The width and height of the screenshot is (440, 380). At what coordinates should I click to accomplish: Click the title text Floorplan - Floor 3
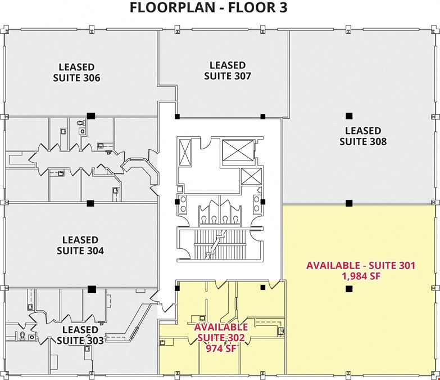point(208,7)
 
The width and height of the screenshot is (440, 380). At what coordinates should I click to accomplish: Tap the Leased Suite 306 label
point(76,72)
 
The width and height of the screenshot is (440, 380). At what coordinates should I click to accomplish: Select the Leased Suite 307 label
point(228,70)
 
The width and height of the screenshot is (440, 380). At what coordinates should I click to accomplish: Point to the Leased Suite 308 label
point(363,136)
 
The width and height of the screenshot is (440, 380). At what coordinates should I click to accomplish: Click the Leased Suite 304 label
point(80,245)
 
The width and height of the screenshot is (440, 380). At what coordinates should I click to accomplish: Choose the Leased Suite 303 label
point(80,335)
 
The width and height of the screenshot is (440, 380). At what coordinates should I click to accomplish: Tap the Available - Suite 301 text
point(361,265)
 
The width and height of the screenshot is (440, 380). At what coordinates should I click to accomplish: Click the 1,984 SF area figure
point(361,276)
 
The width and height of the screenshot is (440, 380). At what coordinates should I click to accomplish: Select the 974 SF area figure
point(221,348)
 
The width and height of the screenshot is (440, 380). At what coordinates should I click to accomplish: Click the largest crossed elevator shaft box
point(238,150)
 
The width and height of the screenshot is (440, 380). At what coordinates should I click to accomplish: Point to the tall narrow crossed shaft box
point(185,152)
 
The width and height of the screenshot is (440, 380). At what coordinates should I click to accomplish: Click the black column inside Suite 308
point(349,116)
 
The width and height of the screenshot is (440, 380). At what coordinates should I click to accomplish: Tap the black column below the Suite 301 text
point(349,289)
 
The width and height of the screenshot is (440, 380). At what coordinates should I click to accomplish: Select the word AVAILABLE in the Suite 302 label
point(221,327)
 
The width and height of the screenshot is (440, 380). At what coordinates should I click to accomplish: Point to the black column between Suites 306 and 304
point(90,203)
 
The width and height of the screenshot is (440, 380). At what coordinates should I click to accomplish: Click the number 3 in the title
point(283,7)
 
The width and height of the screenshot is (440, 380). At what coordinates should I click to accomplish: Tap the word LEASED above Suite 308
point(363,131)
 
